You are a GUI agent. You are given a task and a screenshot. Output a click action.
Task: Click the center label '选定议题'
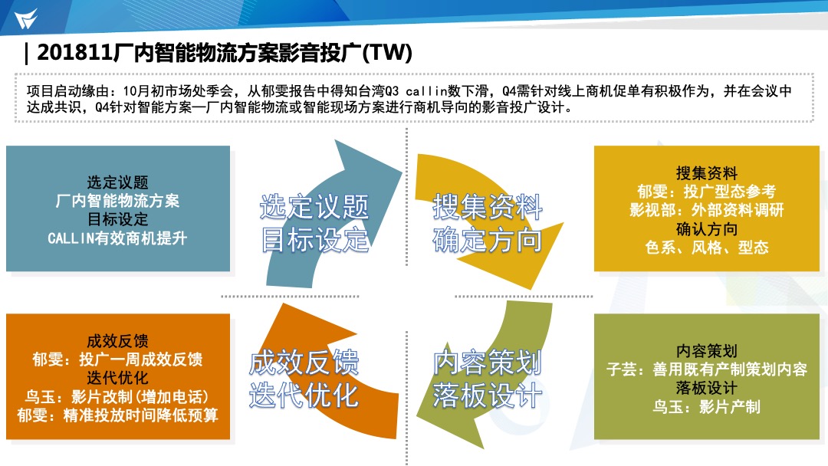[x=314, y=206]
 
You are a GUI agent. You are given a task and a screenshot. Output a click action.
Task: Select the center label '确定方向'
[x=487, y=240]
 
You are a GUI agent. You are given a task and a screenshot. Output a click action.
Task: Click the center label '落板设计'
[x=487, y=395]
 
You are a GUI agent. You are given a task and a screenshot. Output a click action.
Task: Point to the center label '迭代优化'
[x=304, y=395]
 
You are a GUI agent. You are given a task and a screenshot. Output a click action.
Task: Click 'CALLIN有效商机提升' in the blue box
[x=117, y=238]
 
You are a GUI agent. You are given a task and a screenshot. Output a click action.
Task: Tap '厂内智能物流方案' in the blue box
[x=117, y=201]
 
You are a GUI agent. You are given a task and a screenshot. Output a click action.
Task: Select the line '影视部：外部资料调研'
[x=707, y=210]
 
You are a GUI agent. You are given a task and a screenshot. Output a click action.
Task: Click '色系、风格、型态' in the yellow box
[x=707, y=248]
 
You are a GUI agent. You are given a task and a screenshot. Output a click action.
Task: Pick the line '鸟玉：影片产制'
[x=707, y=407]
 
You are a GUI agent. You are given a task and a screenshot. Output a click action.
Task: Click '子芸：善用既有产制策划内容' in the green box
[x=707, y=369]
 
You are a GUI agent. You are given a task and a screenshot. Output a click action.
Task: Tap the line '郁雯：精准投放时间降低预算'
[x=117, y=415]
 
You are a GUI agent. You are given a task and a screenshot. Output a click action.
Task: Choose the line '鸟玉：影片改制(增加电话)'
[x=117, y=396]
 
